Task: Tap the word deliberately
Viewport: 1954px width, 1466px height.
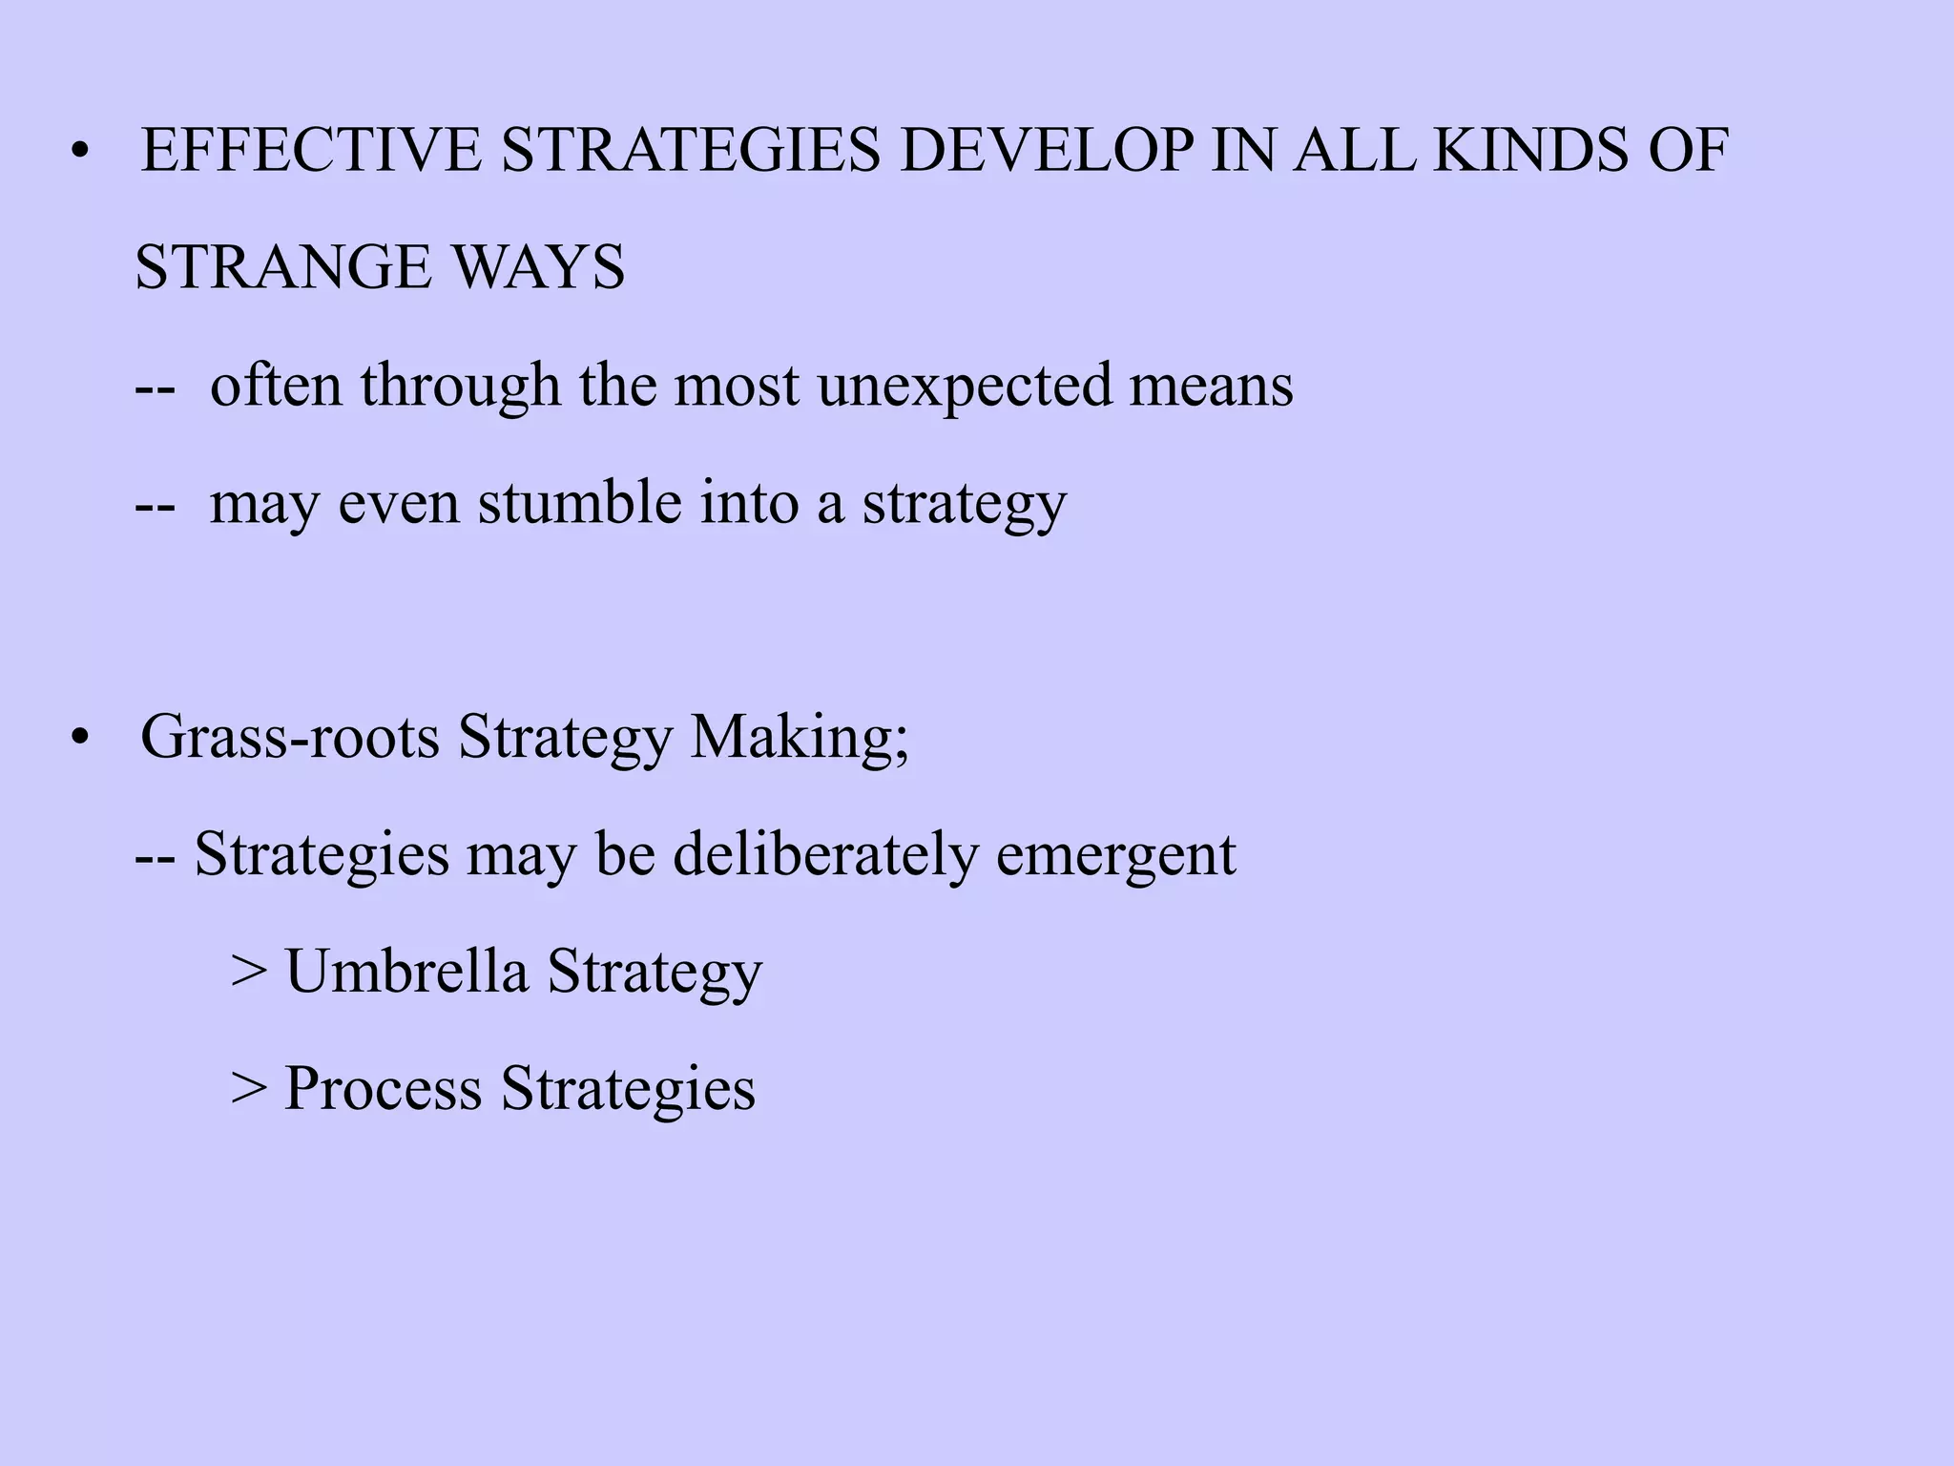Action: pyautogui.click(x=825, y=854)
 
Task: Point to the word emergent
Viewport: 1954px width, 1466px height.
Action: pyautogui.click(x=1116, y=856)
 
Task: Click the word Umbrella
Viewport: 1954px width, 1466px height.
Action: pyautogui.click(x=407, y=972)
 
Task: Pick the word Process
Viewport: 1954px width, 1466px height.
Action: pyautogui.click(x=383, y=1088)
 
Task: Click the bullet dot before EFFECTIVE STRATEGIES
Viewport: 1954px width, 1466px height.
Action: pyautogui.click(x=80, y=153)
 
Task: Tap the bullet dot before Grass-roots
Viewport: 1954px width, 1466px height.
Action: pyautogui.click(x=80, y=739)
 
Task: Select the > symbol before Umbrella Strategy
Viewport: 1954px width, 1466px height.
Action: pyautogui.click(x=248, y=973)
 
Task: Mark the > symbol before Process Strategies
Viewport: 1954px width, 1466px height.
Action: pyautogui.click(x=248, y=1090)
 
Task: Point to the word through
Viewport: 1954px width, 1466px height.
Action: pyautogui.click(x=460, y=387)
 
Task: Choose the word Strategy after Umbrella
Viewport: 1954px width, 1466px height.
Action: pyautogui.click(x=655, y=974)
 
